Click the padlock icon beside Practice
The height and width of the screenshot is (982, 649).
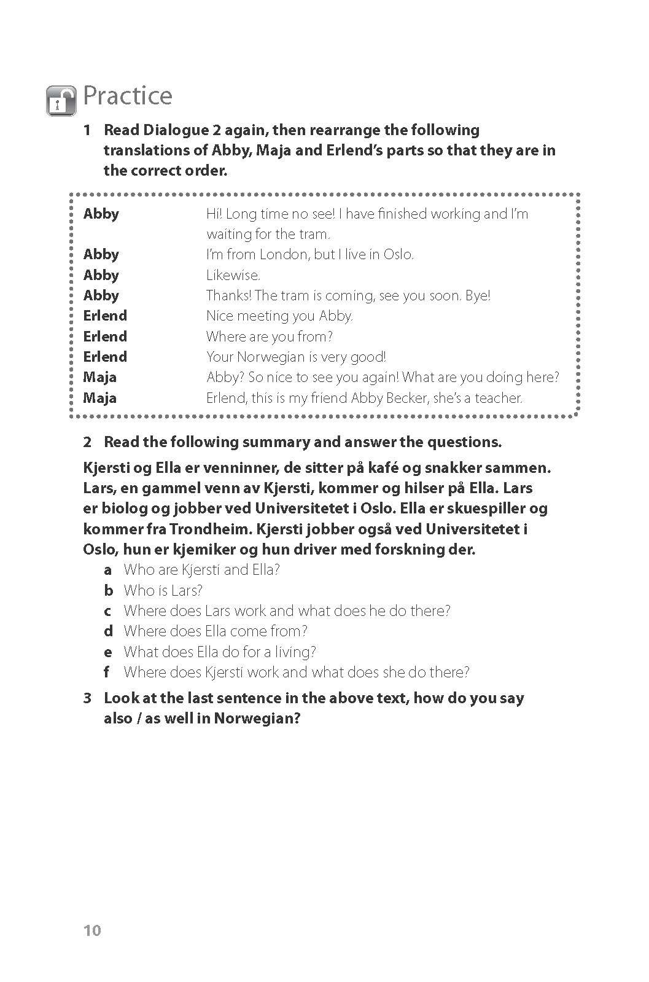coord(61,101)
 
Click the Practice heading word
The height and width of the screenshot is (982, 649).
coord(128,96)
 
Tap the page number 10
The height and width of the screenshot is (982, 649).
coord(91,930)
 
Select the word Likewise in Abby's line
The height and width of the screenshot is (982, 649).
coord(233,275)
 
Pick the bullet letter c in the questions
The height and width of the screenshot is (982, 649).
coord(107,611)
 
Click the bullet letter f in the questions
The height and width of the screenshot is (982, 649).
coord(107,672)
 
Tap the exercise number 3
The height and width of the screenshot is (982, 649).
coord(87,698)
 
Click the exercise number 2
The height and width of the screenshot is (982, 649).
coord(87,442)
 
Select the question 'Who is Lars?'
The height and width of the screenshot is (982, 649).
coord(163,591)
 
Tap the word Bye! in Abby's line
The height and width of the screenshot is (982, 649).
coord(478,295)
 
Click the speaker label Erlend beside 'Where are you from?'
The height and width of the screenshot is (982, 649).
coord(105,337)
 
